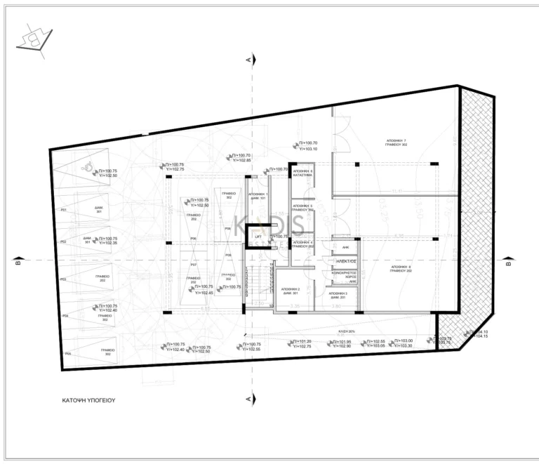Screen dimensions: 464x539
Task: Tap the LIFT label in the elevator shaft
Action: click(258, 237)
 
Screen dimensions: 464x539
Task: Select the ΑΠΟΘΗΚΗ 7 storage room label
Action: click(397, 142)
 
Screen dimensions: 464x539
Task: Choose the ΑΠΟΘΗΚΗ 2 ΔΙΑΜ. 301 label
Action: click(291, 291)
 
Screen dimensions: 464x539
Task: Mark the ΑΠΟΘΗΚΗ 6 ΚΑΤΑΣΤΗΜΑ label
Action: click(302, 173)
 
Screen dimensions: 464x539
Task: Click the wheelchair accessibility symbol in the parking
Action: click(88, 167)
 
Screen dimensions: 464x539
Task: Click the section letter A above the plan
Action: click(249, 61)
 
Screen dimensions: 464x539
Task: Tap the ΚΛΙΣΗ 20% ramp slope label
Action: click(344, 331)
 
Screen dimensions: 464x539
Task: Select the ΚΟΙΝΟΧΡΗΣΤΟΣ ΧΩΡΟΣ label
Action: click(344, 274)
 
